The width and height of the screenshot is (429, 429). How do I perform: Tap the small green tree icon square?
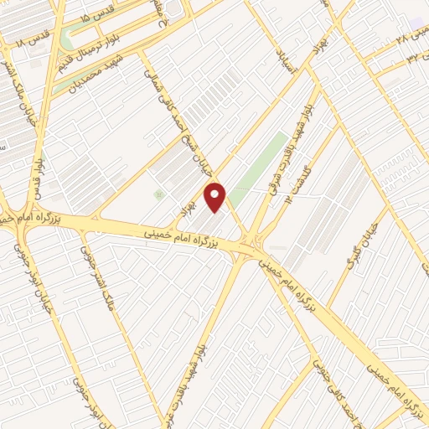tap(158, 194)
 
